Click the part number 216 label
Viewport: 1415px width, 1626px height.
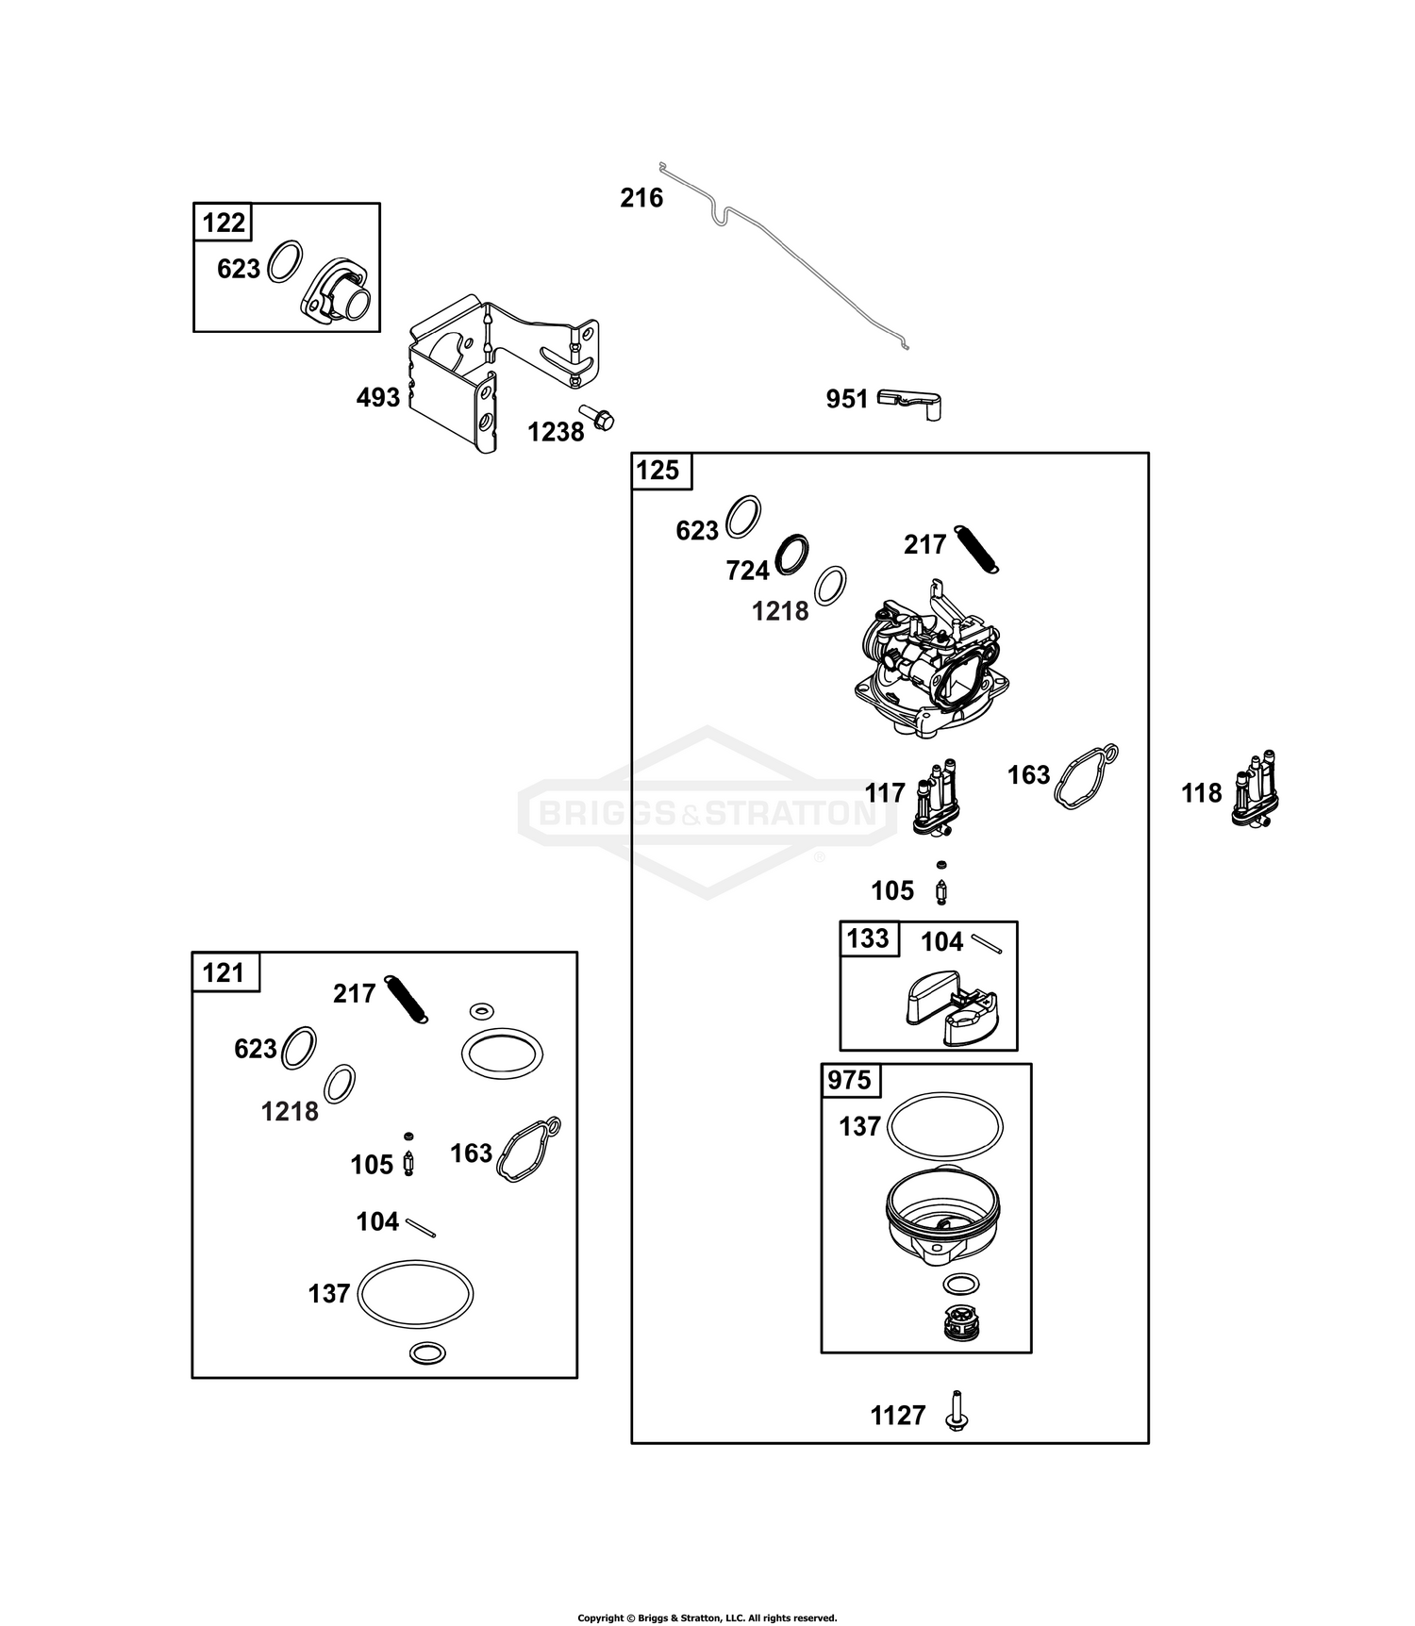641,198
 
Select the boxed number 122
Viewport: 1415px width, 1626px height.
224,224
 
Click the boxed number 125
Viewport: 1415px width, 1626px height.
658,470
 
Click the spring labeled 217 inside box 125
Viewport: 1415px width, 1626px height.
977,548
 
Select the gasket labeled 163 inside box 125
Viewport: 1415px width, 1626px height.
1085,776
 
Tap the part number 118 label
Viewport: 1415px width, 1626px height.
1201,794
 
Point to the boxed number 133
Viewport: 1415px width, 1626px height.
868,938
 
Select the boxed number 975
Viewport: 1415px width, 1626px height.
849,1080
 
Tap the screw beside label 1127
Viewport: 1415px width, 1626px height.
958,1412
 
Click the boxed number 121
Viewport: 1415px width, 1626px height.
224,972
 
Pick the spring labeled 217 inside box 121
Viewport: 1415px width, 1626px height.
407,999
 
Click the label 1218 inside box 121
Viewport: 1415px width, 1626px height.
290,1112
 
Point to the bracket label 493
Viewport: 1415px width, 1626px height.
377,398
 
